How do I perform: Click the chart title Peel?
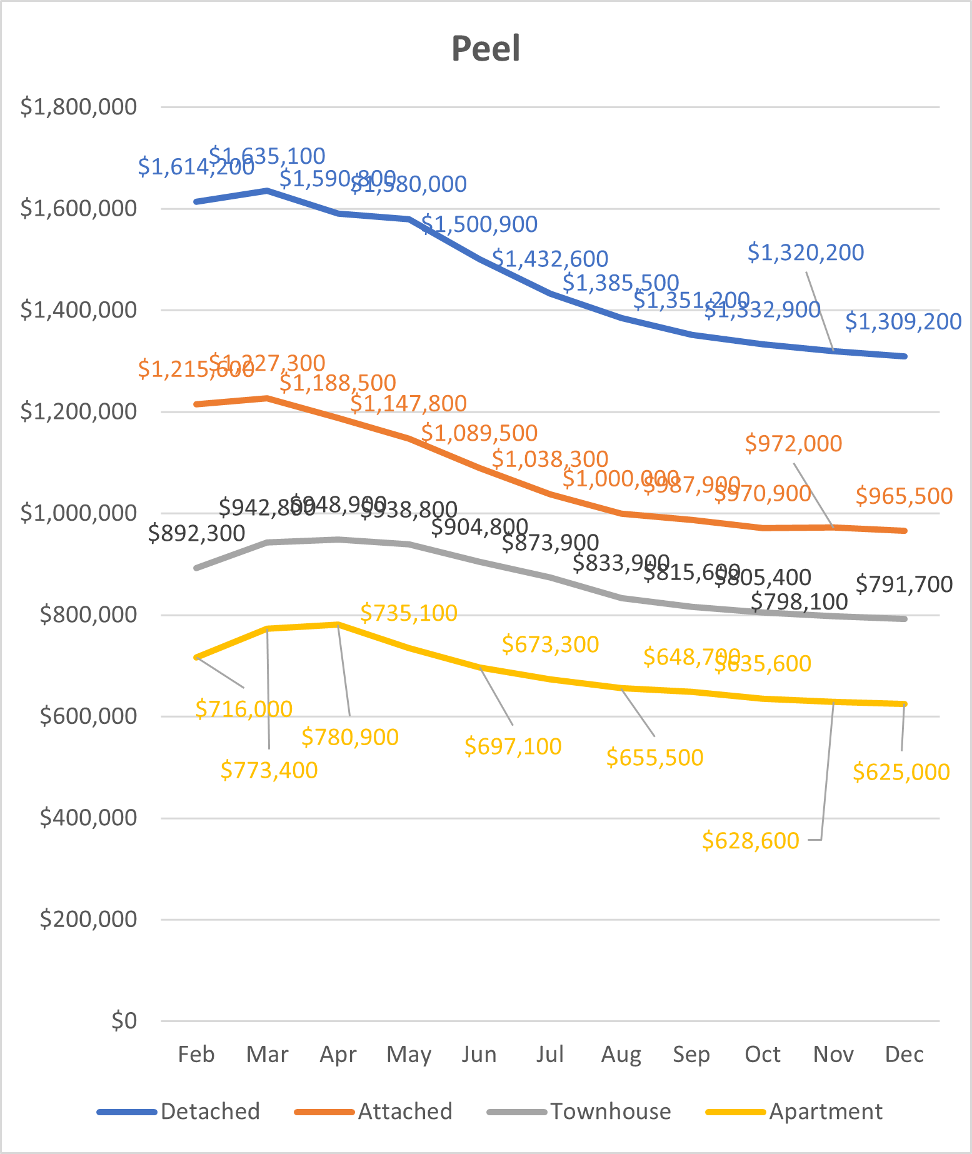point(486,49)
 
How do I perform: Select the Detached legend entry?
point(210,1111)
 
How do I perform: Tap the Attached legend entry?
point(405,1111)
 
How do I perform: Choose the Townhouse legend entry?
point(610,1111)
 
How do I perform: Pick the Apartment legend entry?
point(826,1111)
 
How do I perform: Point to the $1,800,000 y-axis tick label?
point(79,107)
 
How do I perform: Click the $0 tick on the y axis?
point(124,1021)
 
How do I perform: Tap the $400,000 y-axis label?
point(88,818)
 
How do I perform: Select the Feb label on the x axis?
point(196,1054)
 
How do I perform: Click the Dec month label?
point(904,1054)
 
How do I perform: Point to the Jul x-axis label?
point(550,1054)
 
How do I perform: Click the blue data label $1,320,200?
point(806,253)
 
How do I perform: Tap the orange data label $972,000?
point(794,444)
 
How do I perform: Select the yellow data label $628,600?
point(751,841)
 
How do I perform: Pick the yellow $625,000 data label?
point(901,772)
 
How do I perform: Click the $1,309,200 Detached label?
point(903,321)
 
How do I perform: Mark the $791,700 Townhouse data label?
point(904,585)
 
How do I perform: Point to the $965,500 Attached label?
point(904,496)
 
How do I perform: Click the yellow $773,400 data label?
point(269,770)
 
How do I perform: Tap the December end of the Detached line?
point(904,356)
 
